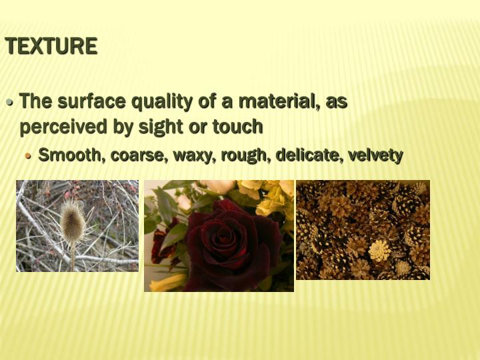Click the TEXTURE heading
click(x=51, y=46)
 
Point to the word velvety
click(x=377, y=155)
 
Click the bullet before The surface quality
click(x=10, y=103)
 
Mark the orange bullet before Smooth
click(x=28, y=156)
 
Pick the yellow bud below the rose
click(x=167, y=283)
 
